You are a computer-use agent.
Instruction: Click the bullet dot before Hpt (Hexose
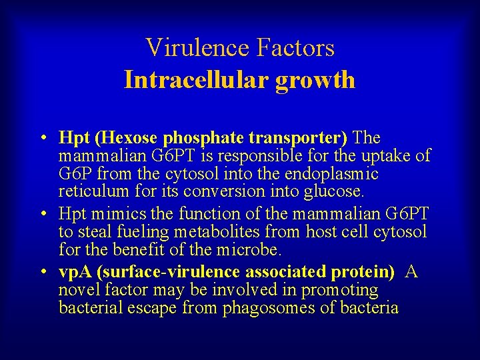click(42, 139)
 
